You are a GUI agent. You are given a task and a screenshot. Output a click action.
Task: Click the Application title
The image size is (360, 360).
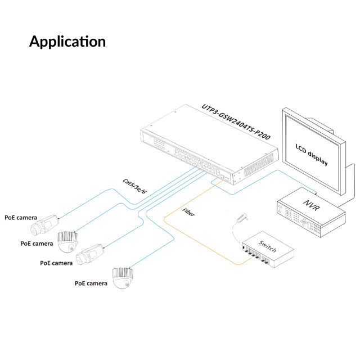tap(67, 41)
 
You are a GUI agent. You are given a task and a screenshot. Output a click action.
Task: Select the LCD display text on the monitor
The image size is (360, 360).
tap(312, 155)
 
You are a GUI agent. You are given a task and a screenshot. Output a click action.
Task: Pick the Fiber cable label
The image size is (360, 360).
tap(189, 214)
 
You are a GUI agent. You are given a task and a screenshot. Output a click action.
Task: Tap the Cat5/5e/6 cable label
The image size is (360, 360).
tap(134, 187)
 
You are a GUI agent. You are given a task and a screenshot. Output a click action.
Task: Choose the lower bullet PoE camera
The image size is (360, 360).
tap(90, 254)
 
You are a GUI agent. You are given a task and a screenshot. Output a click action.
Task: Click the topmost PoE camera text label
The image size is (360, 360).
tap(21, 217)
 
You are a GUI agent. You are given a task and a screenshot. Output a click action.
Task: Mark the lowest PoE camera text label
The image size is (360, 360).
tap(91, 283)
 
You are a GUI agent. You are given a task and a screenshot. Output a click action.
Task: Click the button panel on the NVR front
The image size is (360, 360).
tap(298, 219)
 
